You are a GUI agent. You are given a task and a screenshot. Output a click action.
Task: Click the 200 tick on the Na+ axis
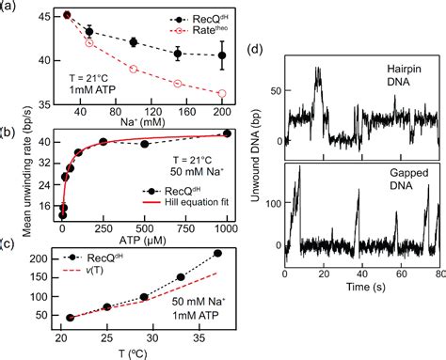click(222, 106)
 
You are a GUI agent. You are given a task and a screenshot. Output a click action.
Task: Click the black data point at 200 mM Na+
click(222, 55)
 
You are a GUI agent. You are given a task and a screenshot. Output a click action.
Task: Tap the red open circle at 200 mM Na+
click(222, 93)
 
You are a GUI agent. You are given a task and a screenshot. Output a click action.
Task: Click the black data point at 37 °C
click(218, 253)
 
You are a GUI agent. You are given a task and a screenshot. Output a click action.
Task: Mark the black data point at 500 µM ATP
click(144, 144)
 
